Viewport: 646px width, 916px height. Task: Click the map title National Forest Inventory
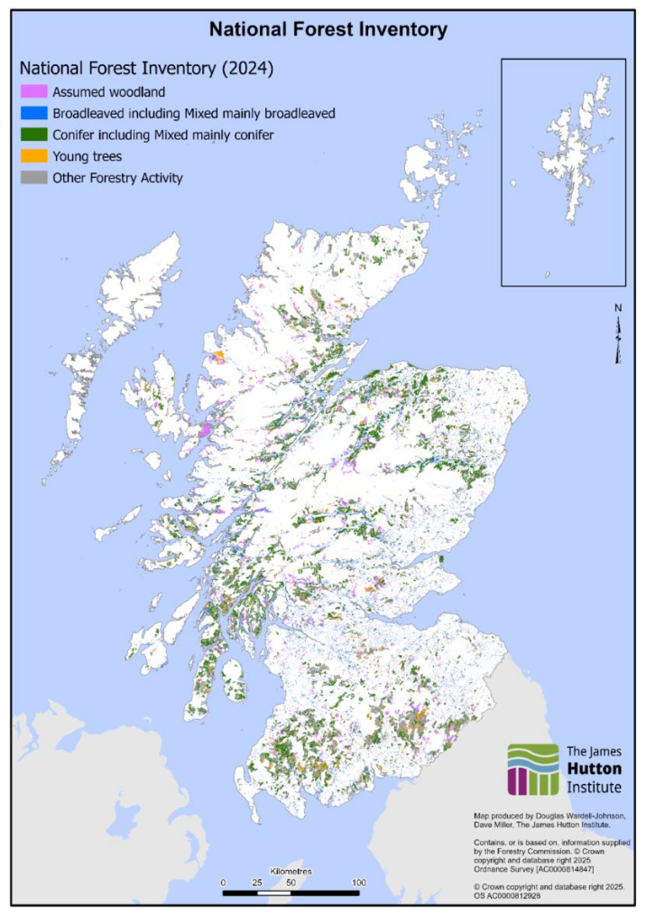(328, 30)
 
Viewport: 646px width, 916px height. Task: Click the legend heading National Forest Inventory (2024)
(146, 69)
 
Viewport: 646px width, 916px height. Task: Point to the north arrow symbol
(618, 335)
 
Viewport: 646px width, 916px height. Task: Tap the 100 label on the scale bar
(359, 882)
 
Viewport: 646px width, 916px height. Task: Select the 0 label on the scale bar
(223, 882)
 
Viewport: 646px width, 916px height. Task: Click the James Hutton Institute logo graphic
(534, 770)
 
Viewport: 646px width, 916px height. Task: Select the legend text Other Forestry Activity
(117, 178)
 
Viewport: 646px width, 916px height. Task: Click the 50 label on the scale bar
(291, 882)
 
